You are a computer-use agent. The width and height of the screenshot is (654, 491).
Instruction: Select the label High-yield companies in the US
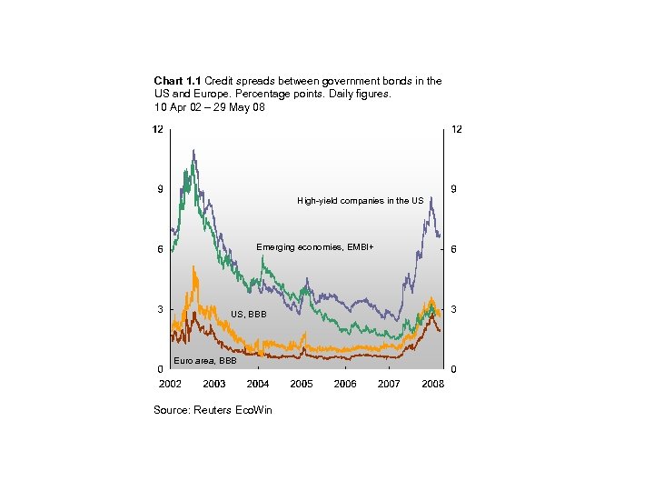point(360,201)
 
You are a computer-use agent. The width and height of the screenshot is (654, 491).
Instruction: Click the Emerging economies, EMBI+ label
point(314,247)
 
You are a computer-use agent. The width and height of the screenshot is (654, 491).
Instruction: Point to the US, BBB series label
point(248,314)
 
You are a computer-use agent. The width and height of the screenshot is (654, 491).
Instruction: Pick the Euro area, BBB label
point(204,360)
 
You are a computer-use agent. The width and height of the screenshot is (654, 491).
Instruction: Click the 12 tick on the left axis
point(157,130)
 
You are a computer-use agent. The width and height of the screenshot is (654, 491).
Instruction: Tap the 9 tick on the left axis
point(160,189)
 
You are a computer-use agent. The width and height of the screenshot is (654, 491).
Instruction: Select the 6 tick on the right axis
point(454,249)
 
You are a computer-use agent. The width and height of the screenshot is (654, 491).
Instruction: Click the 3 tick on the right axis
point(454,309)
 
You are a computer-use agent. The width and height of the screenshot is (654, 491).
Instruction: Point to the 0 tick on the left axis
point(160,369)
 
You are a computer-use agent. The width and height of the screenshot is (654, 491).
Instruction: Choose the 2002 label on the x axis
point(170,384)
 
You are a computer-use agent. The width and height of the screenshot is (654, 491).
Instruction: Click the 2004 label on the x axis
point(258,384)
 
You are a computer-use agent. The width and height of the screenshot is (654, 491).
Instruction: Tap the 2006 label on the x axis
point(345,384)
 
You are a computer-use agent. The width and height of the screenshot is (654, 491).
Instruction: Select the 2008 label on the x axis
point(433,384)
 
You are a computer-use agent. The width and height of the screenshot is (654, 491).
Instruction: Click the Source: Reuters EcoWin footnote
point(213,410)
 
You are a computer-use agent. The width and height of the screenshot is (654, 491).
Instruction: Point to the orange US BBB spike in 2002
point(193,267)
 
